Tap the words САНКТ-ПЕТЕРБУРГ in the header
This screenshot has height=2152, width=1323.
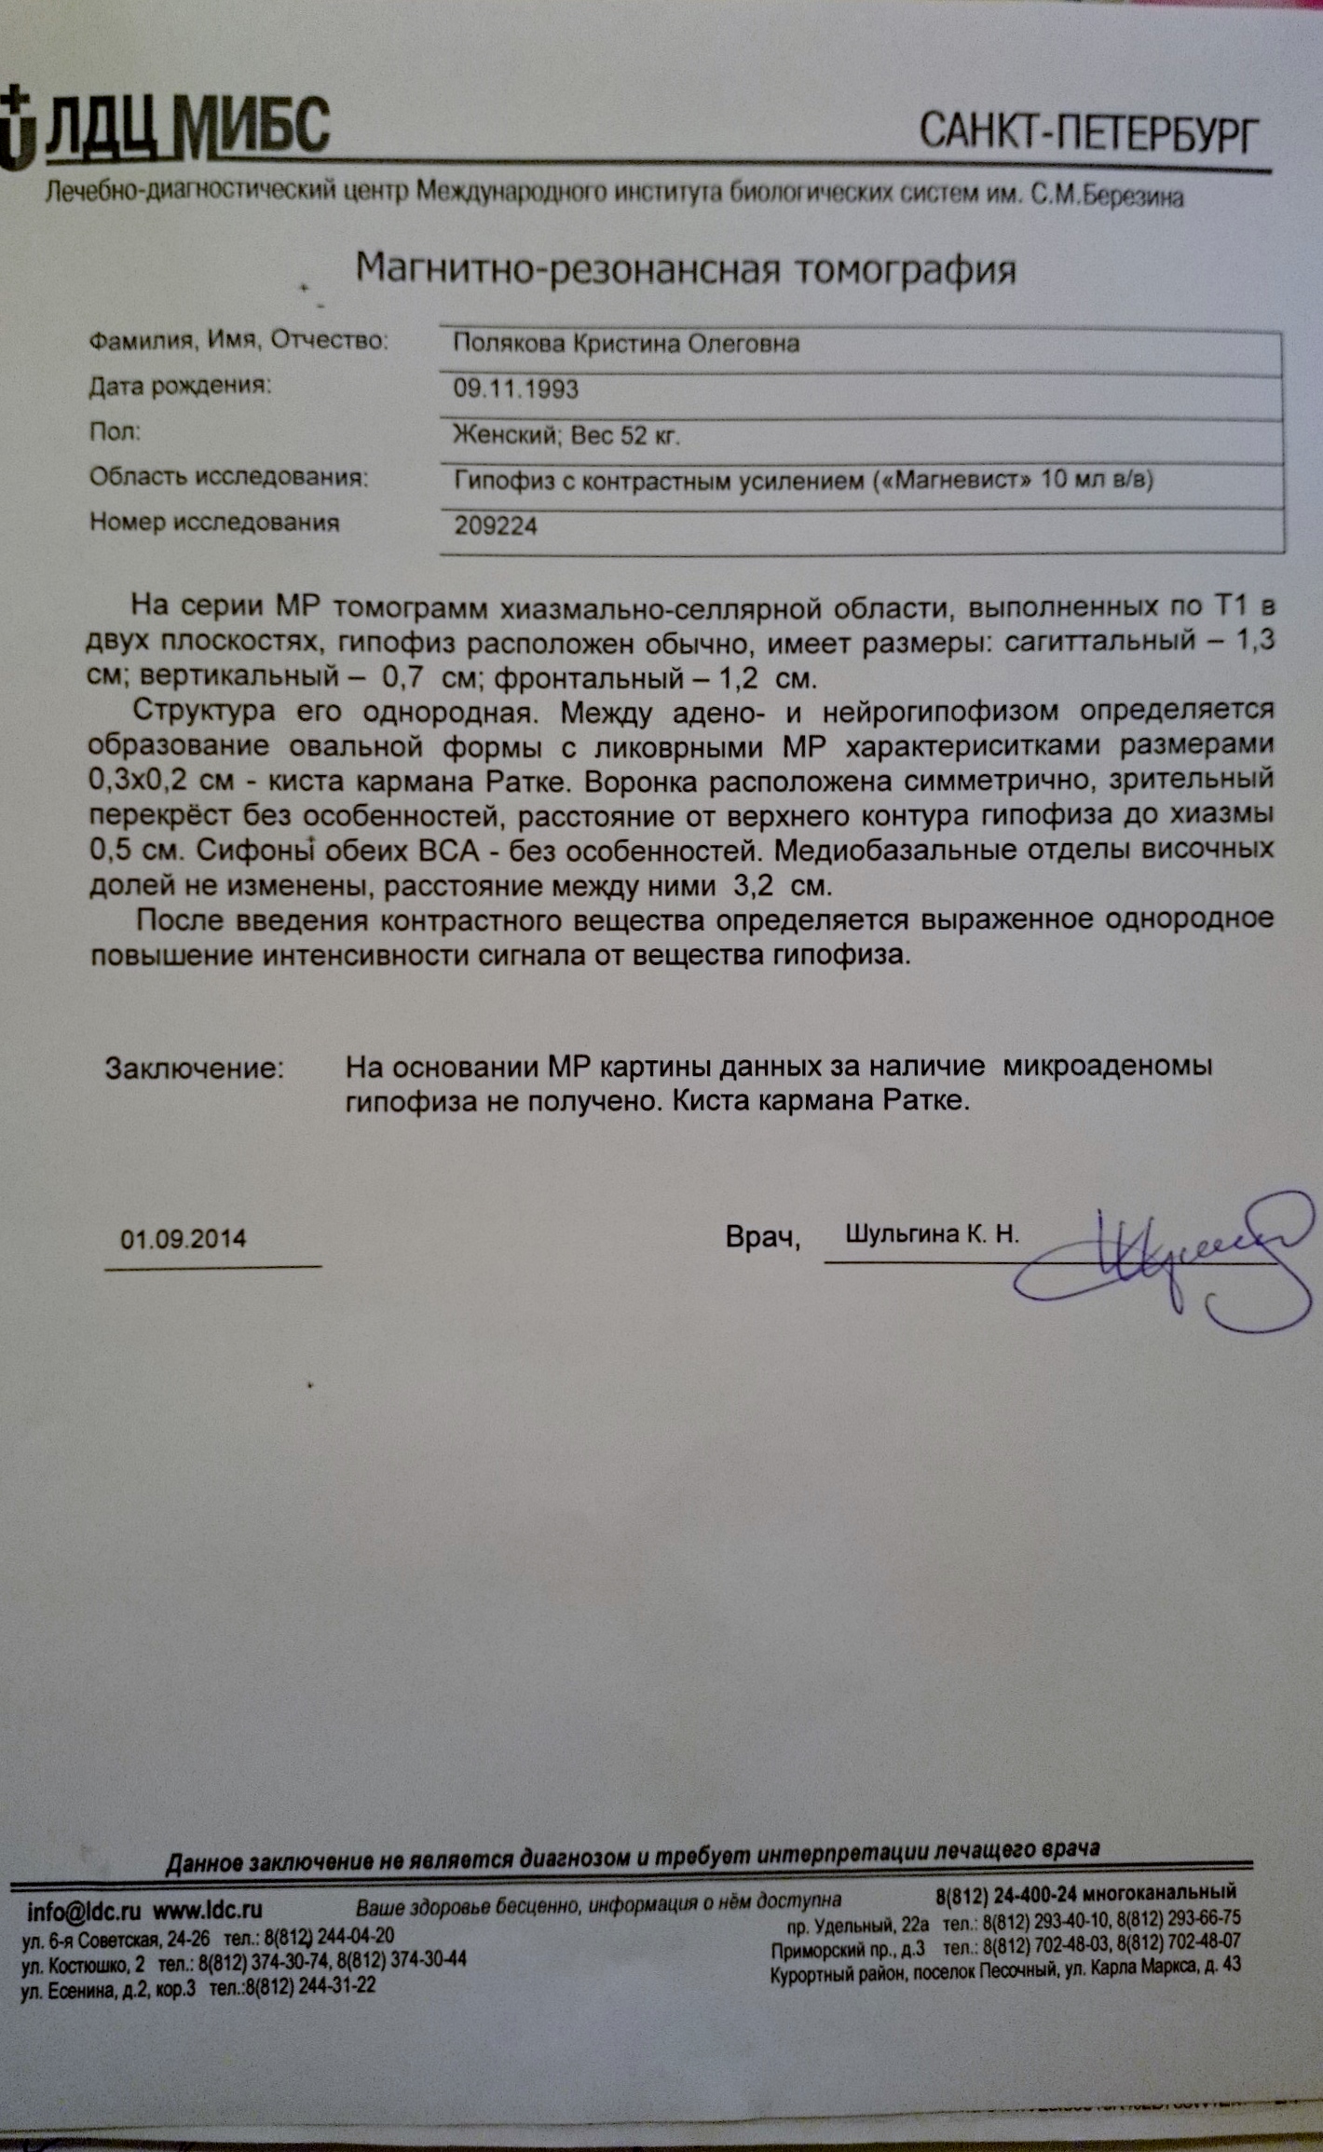tap(1088, 133)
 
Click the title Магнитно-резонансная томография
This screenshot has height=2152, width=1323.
tap(686, 270)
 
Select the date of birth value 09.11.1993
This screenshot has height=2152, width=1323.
tap(515, 388)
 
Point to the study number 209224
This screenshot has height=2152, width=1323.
tap(496, 526)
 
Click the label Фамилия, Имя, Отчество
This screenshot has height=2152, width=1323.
tap(238, 341)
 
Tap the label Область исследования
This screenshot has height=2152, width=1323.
tap(228, 478)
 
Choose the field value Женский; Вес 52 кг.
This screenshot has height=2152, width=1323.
tap(566, 435)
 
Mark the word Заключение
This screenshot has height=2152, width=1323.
tap(194, 1068)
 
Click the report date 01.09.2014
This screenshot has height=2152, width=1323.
tap(184, 1239)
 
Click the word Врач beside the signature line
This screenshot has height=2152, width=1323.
tap(762, 1237)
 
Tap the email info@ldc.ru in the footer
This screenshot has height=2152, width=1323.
tap(84, 1912)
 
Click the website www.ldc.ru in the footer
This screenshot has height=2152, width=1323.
tap(207, 1912)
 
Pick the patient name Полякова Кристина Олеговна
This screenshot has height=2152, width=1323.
tap(626, 344)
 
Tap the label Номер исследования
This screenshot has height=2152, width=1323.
tap(214, 523)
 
